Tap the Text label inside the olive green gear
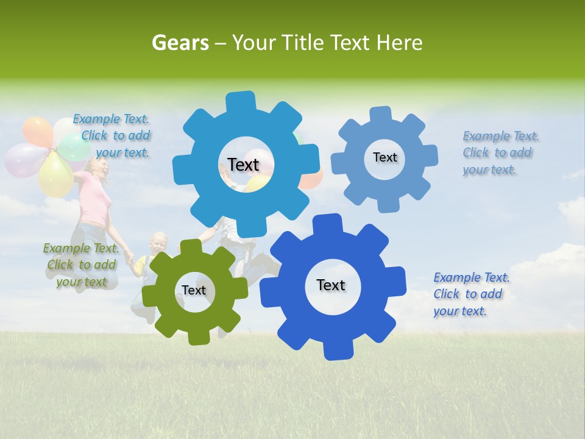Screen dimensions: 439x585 pos(194,290)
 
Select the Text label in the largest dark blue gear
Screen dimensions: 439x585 pos(331,285)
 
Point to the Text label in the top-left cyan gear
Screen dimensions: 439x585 pos(243,165)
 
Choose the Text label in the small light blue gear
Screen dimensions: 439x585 pos(385,157)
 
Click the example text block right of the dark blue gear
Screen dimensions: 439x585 pos(470,294)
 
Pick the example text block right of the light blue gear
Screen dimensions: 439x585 pos(500,152)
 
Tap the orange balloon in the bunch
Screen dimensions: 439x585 pos(38,130)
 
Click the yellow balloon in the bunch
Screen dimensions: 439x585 pos(55,175)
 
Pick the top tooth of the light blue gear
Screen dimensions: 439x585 pos(381,114)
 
